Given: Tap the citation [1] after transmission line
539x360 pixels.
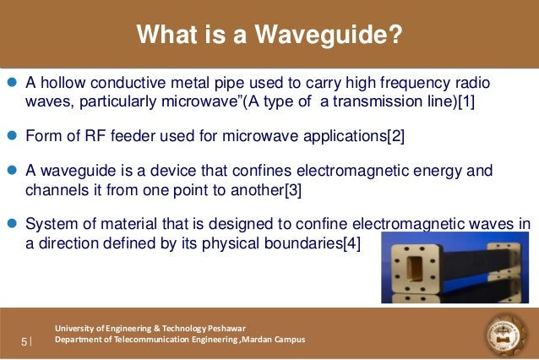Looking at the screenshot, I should (467, 102).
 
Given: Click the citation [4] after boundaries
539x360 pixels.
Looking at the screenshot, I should (348, 244).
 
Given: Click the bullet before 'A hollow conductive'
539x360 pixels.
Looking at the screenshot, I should (11, 84).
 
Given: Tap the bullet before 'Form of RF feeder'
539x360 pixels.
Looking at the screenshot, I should (11, 135).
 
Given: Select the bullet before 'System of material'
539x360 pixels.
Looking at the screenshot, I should (11, 224).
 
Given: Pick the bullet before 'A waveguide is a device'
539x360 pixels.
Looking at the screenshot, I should (11, 171).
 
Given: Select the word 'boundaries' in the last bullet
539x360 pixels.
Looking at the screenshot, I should (298, 244).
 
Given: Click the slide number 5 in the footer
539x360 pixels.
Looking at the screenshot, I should (24, 341).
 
